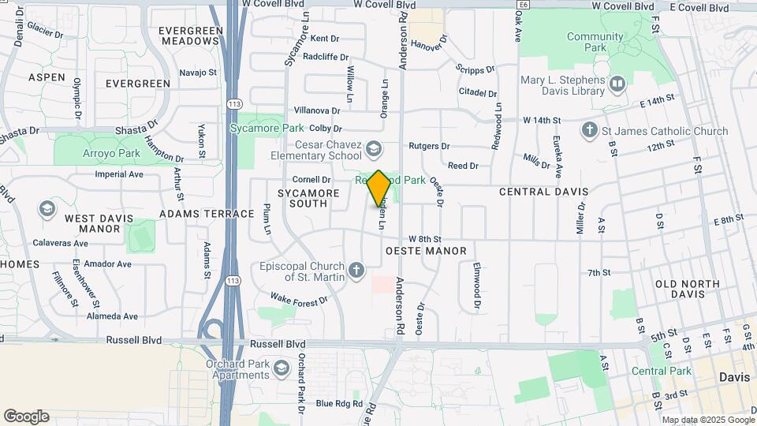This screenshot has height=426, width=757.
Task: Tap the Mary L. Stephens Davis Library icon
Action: (x=617, y=83)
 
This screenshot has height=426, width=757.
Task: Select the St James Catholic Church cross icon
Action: (x=589, y=130)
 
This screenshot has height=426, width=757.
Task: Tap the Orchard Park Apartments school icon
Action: (x=281, y=368)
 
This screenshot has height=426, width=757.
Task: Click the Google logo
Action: (x=26, y=417)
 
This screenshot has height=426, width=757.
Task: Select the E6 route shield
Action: (x=524, y=5)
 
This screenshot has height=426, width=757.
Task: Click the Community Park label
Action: (x=595, y=37)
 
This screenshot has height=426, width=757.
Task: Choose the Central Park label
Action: (x=661, y=371)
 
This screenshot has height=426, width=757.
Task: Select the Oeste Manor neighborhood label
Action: (x=426, y=251)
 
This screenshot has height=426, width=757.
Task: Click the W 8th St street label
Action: (x=424, y=238)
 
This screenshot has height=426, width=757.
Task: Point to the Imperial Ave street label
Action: (x=118, y=174)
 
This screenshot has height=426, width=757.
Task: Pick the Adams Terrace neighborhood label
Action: (x=207, y=213)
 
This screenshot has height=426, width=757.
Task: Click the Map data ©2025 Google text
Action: (x=707, y=420)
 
